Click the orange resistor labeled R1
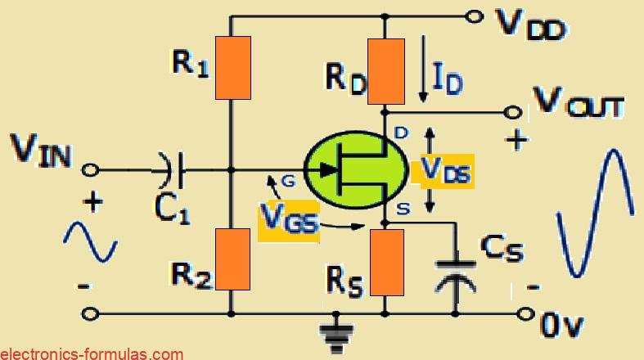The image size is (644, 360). tap(232, 68)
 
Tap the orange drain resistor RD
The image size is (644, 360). tap(385, 71)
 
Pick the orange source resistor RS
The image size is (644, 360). tap(385, 262)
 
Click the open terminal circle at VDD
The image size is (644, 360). tap(472, 16)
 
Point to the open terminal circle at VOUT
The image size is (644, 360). tap(514, 112)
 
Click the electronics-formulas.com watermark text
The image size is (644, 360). tap(92, 353)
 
